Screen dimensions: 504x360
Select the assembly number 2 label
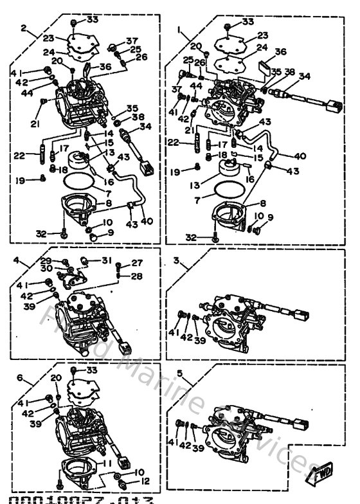click(24, 28)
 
